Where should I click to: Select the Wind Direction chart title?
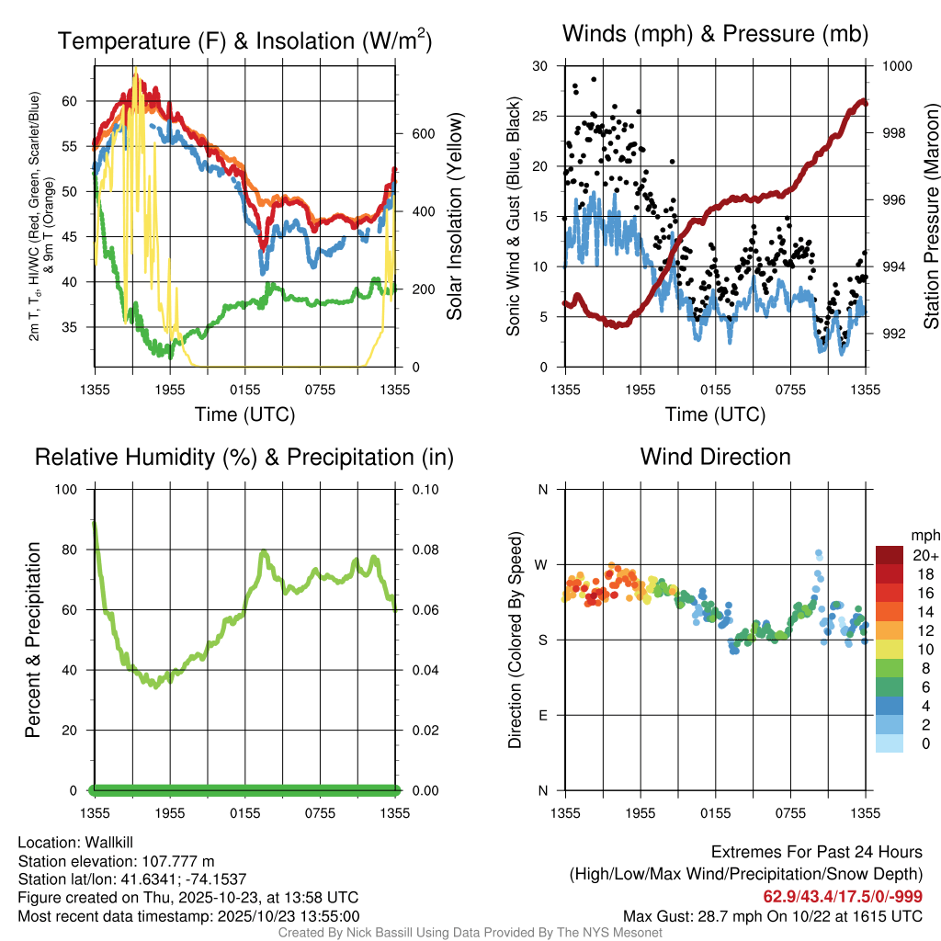click(x=715, y=456)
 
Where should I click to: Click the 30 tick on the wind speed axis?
click(x=540, y=66)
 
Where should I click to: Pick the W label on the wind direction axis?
click(x=542, y=564)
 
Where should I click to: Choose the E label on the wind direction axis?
click(x=543, y=715)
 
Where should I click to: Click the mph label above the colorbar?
click(x=924, y=535)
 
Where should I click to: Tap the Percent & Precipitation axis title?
click(x=33, y=640)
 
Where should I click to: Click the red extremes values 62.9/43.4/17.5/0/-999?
click(x=843, y=896)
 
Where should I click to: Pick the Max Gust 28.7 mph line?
click(x=773, y=915)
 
